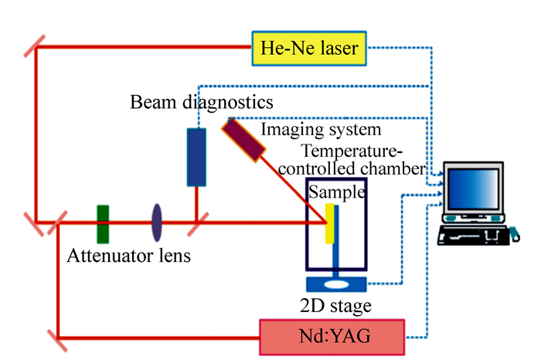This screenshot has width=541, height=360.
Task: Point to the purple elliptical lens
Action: pos(157,222)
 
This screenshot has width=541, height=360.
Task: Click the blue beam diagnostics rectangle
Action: pos(197,158)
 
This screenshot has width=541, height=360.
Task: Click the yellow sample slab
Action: pos(330,223)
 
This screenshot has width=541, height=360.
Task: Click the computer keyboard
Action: pos(472,233)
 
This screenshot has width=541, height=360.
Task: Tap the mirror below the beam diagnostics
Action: pos(197,224)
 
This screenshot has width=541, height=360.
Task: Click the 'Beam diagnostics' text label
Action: pos(201,102)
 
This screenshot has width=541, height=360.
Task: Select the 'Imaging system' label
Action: pos(321,129)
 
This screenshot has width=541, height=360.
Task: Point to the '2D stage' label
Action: pos(335,306)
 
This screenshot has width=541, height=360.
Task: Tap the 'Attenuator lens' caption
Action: pos(128,254)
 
